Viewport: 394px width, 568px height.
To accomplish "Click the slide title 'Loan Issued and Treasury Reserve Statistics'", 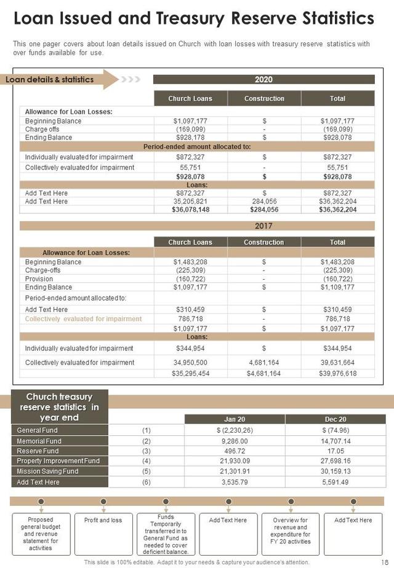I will point(193,18).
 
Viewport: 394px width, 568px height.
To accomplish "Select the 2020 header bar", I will point(263,79).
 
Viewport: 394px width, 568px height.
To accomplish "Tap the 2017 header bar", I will point(263,226).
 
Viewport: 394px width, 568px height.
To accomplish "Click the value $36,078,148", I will point(190,210).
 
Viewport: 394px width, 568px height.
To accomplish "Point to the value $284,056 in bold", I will point(264,210).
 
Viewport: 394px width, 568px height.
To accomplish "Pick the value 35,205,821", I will point(190,201).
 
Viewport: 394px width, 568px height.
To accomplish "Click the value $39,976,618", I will point(337,373).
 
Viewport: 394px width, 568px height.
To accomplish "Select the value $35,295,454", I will point(190,373).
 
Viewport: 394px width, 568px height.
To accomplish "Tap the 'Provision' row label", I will point(38,278).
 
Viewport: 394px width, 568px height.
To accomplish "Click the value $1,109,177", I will point(337,287).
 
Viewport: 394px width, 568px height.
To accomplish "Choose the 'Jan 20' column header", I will point(235,419).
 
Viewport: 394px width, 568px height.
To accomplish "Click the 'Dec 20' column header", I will point(336,419).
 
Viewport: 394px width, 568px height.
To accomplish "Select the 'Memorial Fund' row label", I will point(39,441).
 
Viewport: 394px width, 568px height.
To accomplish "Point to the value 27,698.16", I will point(336,460).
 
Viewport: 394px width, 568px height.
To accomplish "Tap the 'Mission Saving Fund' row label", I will point(47,471).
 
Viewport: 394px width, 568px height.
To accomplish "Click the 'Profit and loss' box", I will point(103,521).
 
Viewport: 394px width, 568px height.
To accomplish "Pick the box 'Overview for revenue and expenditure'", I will point(291,531).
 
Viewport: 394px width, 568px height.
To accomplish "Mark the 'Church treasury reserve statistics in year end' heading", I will point(60,407).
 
